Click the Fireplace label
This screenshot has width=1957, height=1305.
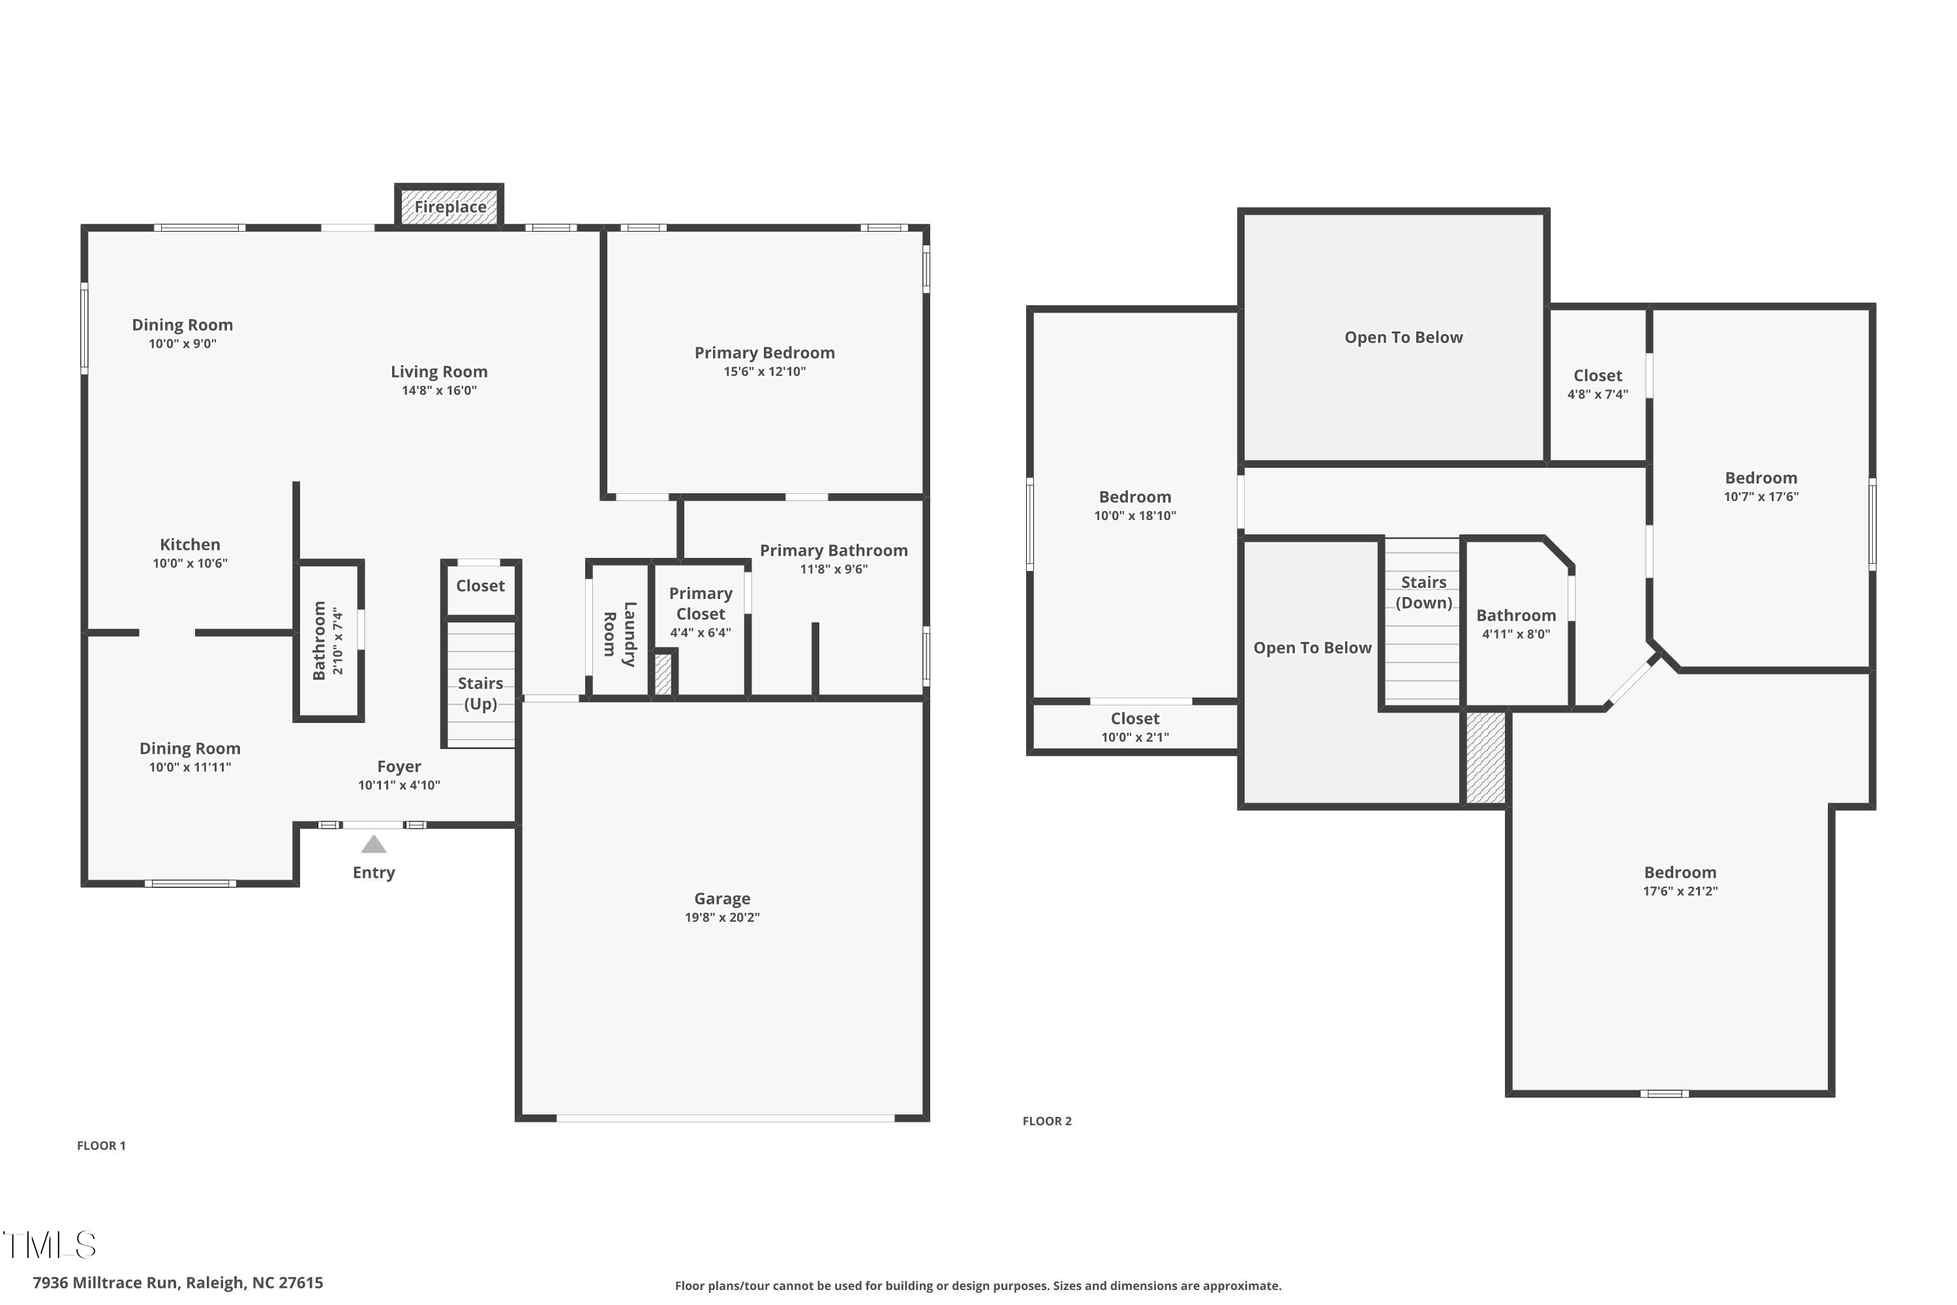450,206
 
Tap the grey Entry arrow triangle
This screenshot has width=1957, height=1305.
374,845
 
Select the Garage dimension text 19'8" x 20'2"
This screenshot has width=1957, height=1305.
721,917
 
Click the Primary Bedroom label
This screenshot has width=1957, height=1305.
764,353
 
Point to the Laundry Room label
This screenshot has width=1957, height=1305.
619,634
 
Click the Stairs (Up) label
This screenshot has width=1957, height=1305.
480,692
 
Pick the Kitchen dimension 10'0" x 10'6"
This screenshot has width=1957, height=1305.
190,564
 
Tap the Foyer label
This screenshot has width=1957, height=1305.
399,767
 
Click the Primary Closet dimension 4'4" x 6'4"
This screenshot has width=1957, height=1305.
700,632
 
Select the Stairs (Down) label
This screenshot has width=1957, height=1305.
1423,592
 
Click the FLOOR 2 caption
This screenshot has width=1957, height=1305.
1047,1121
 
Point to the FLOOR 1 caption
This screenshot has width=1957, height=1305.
100,1145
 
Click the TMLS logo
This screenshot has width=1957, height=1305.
50,1245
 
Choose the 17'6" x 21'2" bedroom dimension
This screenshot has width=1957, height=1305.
1680,891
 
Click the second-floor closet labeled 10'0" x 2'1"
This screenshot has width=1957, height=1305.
1134,727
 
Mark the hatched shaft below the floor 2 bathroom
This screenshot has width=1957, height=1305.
1485,758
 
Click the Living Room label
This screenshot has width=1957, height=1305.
438,372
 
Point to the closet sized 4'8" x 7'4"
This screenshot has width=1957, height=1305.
1597,384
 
